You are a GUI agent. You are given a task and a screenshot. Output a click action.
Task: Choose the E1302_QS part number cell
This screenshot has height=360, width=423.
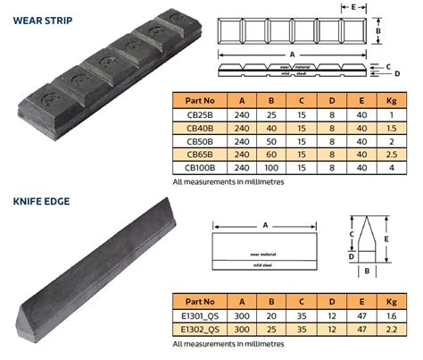pyautogui.click(x=198, y=329)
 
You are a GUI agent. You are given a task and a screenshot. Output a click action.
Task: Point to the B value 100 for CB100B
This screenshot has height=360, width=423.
pyautogui.click(x=270, y=166)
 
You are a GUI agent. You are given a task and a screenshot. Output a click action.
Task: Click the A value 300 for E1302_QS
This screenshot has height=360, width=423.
pyautogui.click(x=239, y=329)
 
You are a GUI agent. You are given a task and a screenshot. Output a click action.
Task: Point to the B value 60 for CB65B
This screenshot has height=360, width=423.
pyautogui.click(x=270, y=154)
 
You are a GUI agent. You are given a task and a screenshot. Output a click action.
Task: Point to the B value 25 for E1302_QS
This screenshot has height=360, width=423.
pyautogui.click(x=270, y=329)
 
